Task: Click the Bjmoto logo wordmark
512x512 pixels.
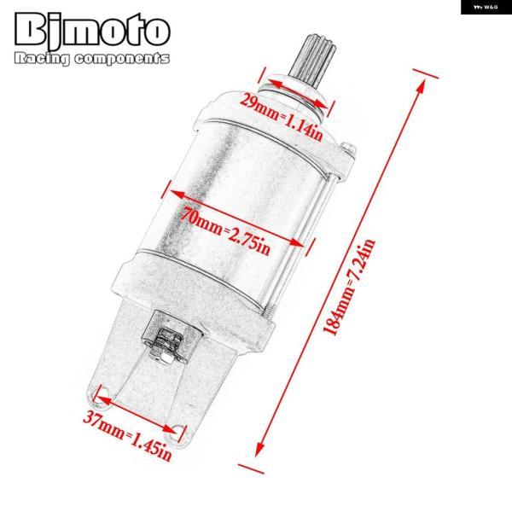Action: click(92, 30)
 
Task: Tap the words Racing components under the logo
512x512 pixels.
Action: click(92, 59)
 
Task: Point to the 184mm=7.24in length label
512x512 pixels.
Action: click(348, 287)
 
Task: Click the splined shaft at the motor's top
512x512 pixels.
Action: click(316, 61)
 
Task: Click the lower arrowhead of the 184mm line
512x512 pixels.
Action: click(260, 448)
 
